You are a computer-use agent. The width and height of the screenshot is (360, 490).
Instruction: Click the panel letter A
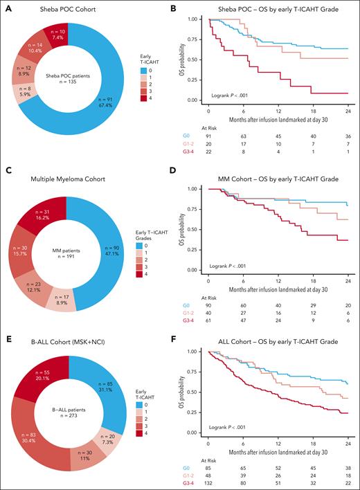[6, 6]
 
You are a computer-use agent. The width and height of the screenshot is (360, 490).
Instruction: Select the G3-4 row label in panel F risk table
[192, 484]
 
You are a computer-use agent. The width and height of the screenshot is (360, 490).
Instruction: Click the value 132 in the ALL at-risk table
[210, 484]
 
